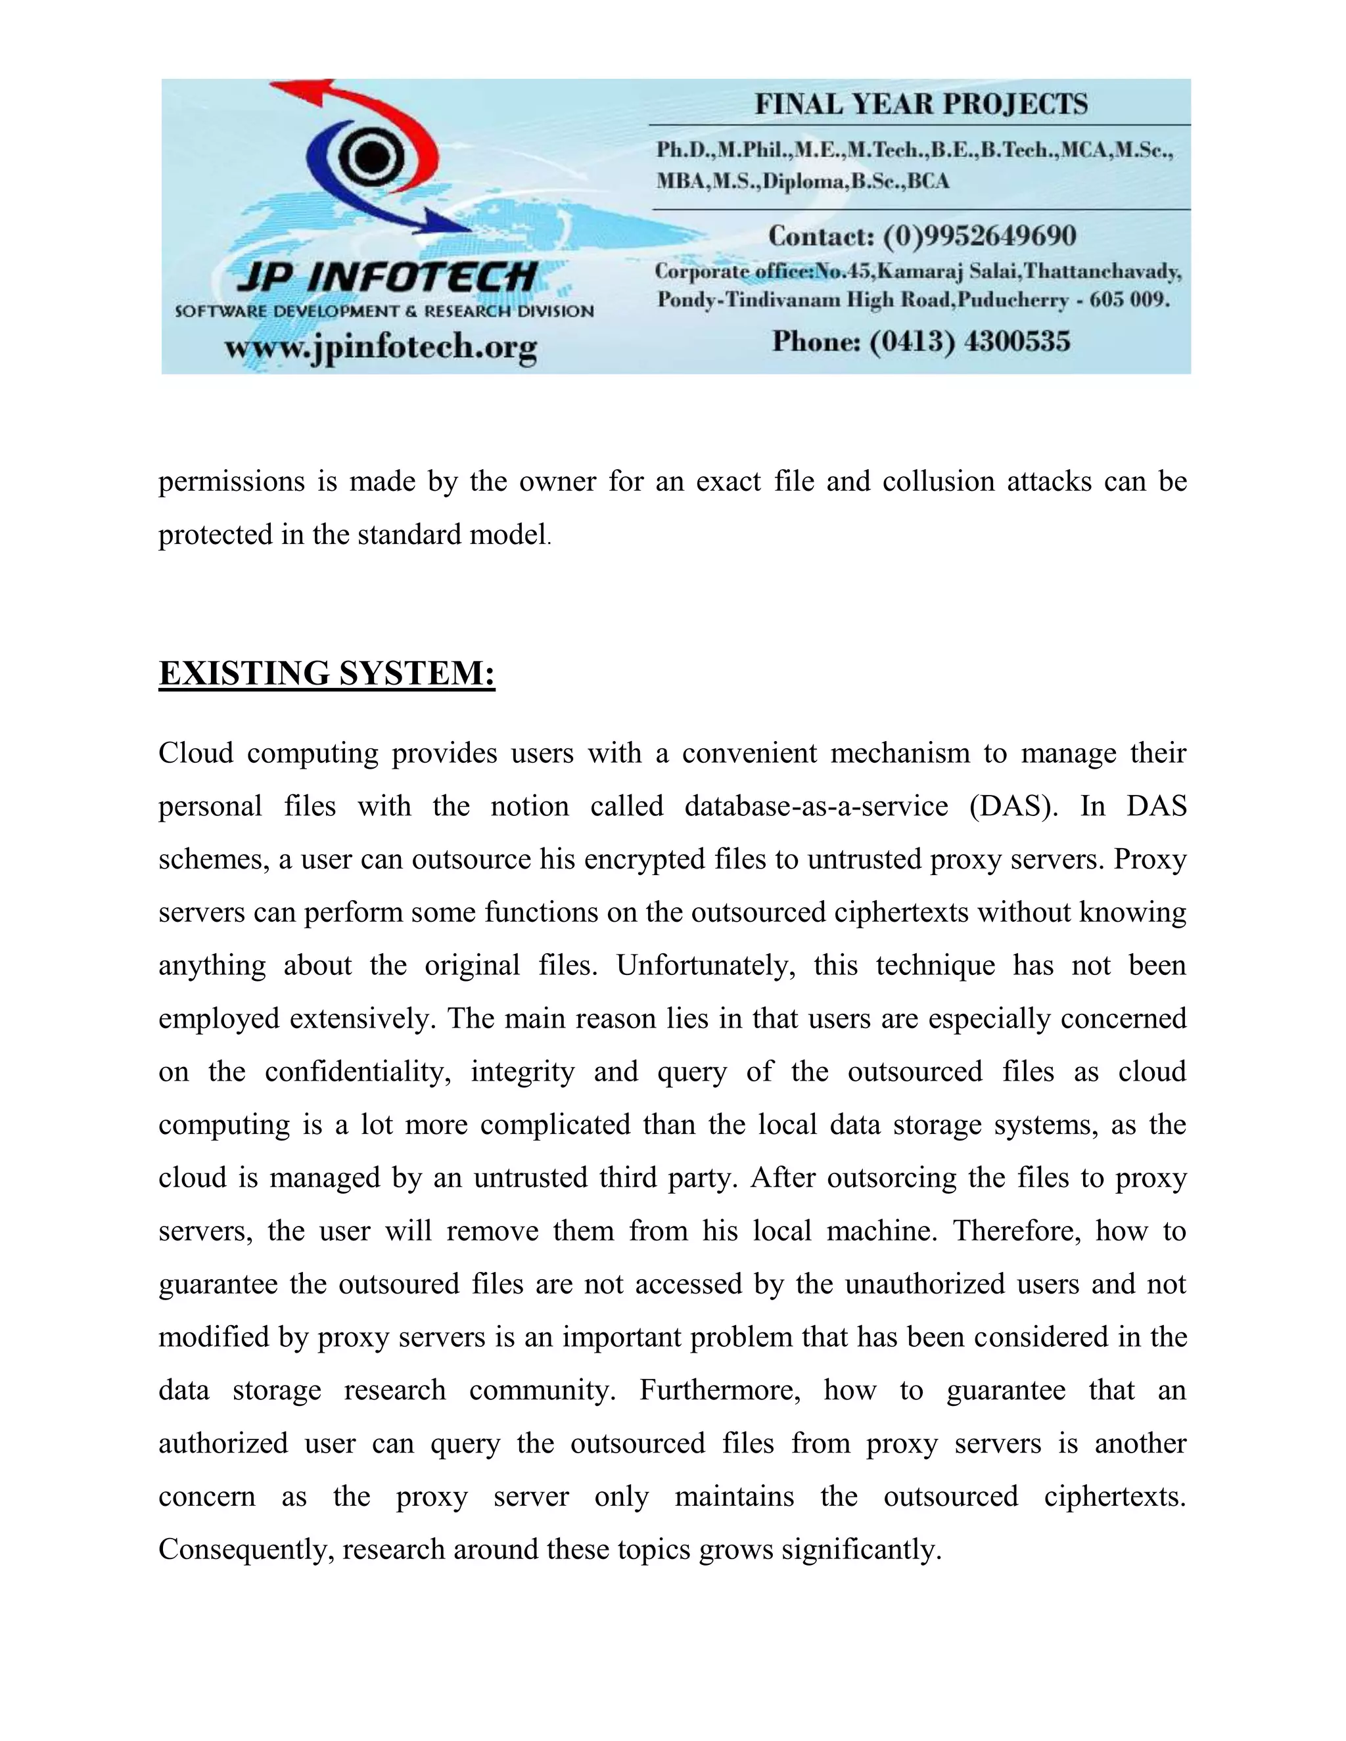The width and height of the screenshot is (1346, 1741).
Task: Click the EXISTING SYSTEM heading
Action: click(x=327, y=673)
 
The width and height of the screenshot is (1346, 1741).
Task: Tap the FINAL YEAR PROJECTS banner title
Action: click(x=921, y=104)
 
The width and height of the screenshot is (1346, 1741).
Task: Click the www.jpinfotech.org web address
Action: click(x=381, y=348)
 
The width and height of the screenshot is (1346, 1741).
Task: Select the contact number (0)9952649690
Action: click(x=979, y=236)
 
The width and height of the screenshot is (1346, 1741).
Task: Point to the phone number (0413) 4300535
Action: click(x=969, y=342)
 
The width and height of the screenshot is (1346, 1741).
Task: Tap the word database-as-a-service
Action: click(x=816, y=807)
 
